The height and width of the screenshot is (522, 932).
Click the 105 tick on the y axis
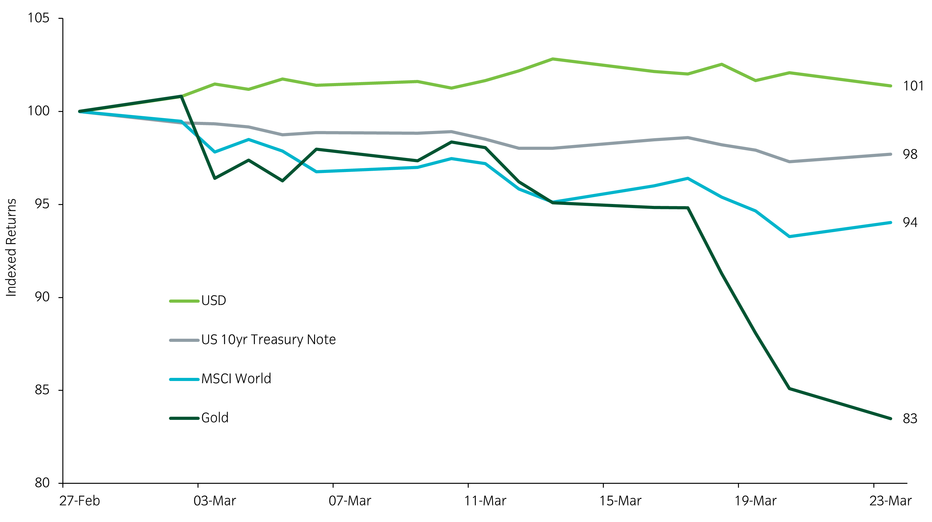point(38,18)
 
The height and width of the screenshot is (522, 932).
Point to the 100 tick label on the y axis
point(38,111)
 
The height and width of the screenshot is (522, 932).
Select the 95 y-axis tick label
point(42,204)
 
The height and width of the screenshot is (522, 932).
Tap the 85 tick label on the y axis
point(42,390)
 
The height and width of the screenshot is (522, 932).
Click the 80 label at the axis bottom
point(42,483)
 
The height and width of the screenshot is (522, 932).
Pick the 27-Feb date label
point(80,501)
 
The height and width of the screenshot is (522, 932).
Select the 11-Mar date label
point(485,501)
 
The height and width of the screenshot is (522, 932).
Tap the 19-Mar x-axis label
point(756,501)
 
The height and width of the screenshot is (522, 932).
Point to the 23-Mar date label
point(890,501)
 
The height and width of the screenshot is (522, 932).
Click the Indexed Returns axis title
point(12,248)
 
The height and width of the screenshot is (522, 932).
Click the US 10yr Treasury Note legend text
point(268,340)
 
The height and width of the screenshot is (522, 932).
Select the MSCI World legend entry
point(236,379)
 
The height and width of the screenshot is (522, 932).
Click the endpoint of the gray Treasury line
point(890,154)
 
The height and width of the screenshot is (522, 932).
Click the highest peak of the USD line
point(552,59)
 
